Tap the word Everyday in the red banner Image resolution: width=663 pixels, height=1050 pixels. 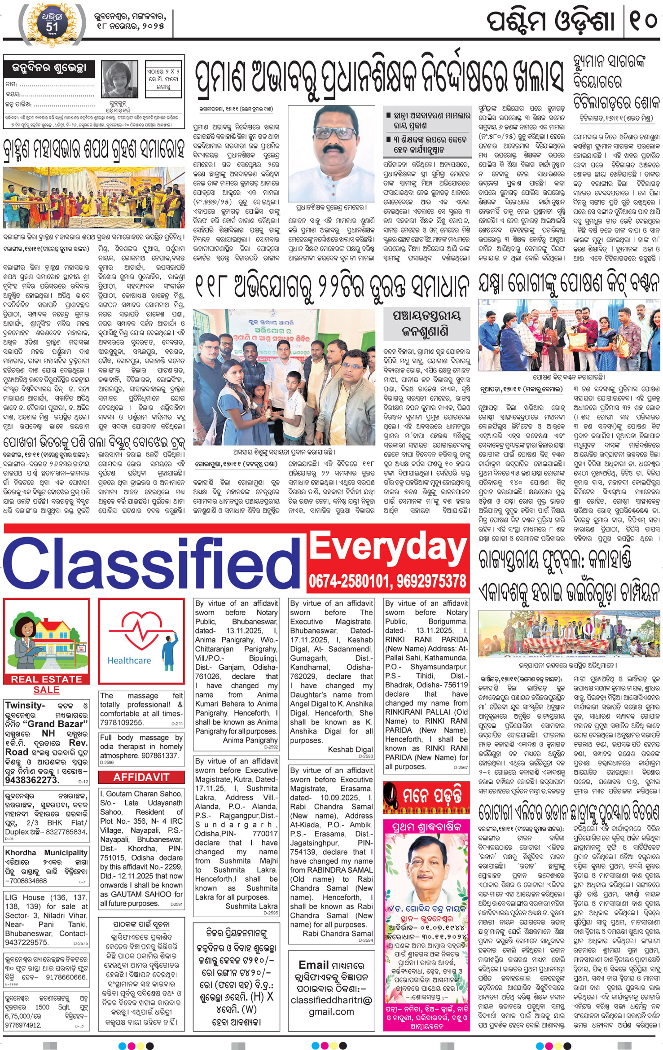(388, 549)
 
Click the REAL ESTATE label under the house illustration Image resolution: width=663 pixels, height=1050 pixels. (47, 679)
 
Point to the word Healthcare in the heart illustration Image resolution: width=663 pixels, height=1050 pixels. (129, 660)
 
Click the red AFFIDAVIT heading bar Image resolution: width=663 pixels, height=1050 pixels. (141, 777)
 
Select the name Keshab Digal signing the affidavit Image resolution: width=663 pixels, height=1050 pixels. (350, 749)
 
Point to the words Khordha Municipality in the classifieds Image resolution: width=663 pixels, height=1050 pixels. (46, 852)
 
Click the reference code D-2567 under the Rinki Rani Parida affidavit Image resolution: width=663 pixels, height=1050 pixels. (461, 767)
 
